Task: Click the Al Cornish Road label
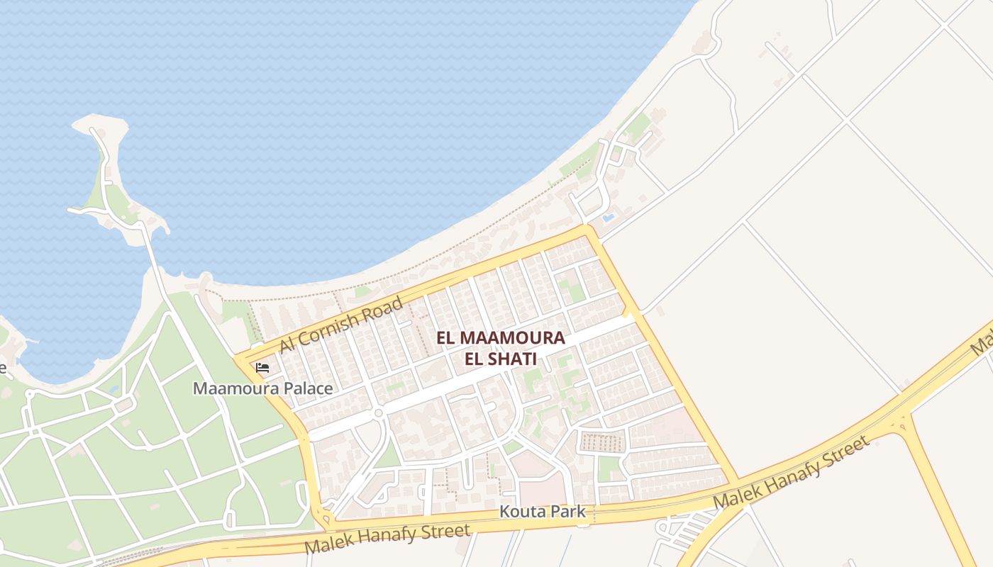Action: pos(341,325)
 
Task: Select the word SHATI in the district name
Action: pos(511,359)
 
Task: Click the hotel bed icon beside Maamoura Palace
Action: pos(262,368)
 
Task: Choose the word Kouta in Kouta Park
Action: pos(521,511)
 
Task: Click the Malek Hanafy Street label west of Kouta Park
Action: pos(387,539)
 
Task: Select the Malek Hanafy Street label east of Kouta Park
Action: pos(791,472)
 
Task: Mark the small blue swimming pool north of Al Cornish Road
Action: pos(608,218)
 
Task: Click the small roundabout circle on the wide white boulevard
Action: pos(378,412)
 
